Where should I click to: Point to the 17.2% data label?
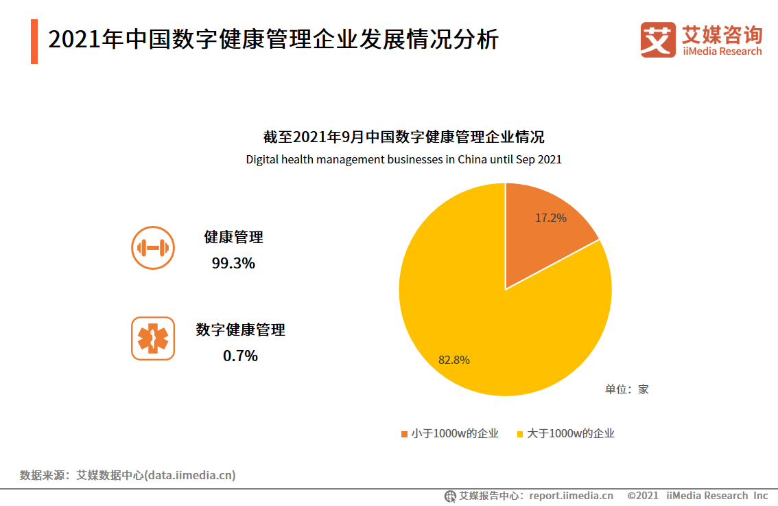[x=551, y=218]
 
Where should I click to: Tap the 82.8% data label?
[x=454, y=359]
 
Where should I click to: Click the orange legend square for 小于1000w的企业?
[x=405, y=434]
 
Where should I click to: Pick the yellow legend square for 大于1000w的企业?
[x=520, y=434]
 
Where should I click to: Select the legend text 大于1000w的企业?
[x=571, y=433]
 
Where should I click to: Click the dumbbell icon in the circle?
[x=153, y=248]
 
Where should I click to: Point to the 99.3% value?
[x=233, y=263]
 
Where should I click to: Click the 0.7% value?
[x=240, y=356]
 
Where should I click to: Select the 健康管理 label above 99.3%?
[x=233, y=238]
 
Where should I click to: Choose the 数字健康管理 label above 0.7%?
[x=240, y=330]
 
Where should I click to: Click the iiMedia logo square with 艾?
[x=658, y=40]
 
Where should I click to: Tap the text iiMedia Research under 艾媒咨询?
[x=722, y=51]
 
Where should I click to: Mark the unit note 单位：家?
[x=626, y=389]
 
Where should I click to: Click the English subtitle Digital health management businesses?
[x=403, y=160]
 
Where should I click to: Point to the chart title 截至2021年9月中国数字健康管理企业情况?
[x=403, y=137]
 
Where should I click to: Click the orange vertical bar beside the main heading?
[x=34, y=41]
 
